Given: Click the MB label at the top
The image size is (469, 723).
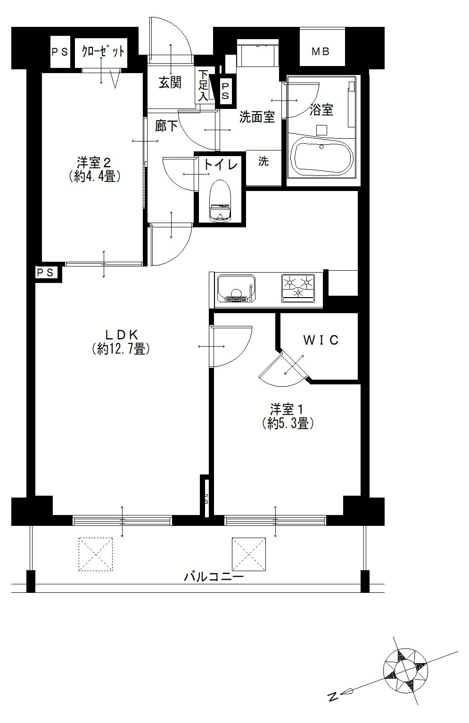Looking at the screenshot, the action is pos(321,51).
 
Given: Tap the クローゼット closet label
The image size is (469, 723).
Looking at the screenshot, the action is pos(103,51).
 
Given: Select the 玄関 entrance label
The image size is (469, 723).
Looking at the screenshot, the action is pos(170,83).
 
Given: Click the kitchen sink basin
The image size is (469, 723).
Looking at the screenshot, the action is pos(236,288).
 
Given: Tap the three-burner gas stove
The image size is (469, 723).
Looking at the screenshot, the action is pos(298,288).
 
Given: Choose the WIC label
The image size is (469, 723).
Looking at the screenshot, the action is pos(321,340).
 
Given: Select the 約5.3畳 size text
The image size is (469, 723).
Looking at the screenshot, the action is pos(288,423).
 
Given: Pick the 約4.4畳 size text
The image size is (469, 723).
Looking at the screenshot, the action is pos(95,176).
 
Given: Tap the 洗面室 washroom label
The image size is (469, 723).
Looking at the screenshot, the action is pos(257,117).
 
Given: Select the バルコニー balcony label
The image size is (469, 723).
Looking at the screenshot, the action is pos(214,576).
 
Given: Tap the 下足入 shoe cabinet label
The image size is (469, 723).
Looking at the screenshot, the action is pos(203,85).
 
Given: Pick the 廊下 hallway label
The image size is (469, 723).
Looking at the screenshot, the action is pos(166,126).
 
